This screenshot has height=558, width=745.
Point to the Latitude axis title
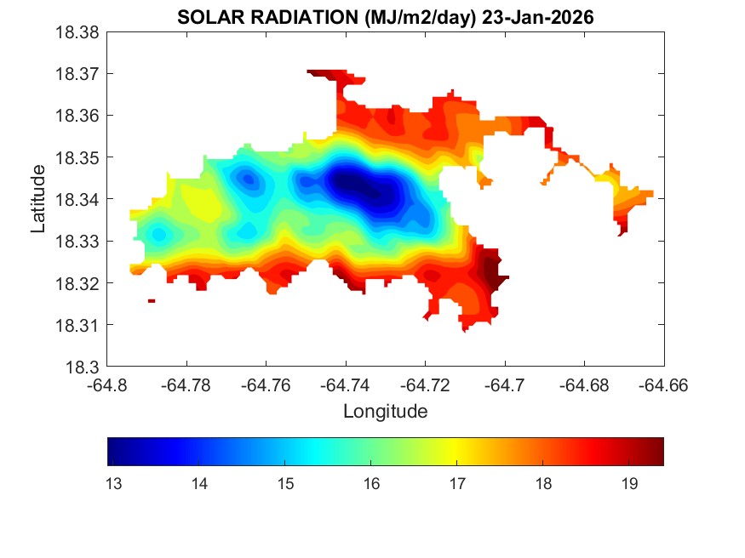(x=38, y=199)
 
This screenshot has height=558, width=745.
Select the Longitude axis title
(x=385, y=412)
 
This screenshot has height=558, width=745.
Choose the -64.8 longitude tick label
(x=107, y=385)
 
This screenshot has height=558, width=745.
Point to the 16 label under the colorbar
(x=371, y=483)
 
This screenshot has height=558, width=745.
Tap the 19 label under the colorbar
(x=629, y=483)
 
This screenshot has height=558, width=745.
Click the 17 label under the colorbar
(x=457, y=483)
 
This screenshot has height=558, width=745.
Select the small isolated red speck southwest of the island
(x=152, y=300)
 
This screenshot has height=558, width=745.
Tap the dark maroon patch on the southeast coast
(x=492, y=272)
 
